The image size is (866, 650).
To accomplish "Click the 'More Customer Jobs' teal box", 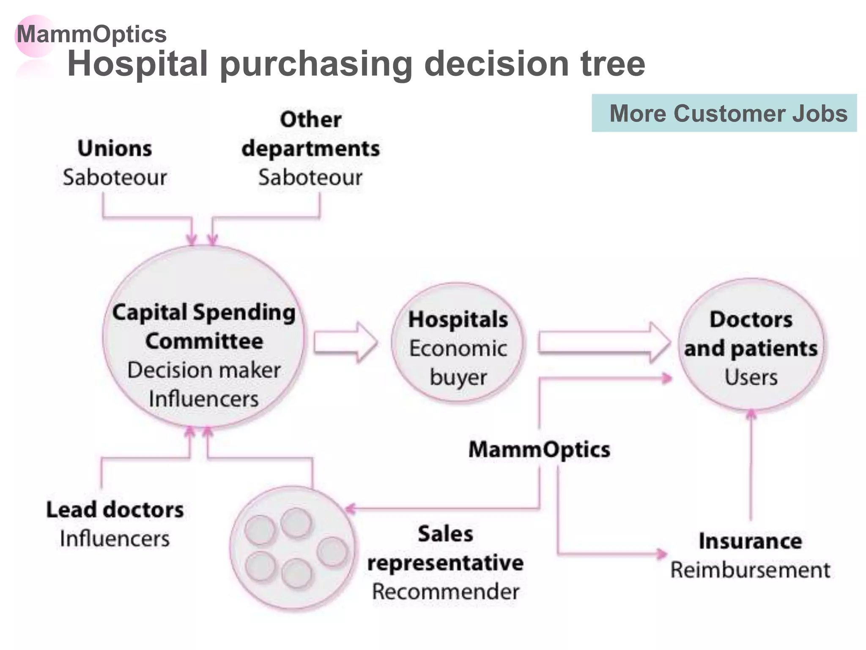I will click(724, 113).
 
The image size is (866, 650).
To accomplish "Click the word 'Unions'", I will click(115, 149).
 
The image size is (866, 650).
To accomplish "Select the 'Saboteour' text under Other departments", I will click(310, 177).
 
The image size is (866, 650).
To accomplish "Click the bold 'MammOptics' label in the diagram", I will click(539, 449).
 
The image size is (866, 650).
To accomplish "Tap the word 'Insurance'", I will click(750, 541).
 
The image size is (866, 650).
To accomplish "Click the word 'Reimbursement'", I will click(750, 570).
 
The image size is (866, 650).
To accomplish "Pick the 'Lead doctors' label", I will click(115, 510).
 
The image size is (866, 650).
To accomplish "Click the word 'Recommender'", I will click(445, 592).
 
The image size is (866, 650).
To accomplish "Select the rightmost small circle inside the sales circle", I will click(332, 551).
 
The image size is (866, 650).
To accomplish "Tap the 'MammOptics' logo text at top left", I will click(92, 34).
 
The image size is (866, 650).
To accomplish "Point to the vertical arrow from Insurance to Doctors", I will click(751, 465).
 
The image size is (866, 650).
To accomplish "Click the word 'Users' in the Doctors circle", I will click(751, 377).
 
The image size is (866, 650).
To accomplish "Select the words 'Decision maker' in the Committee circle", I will click(204, 370).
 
